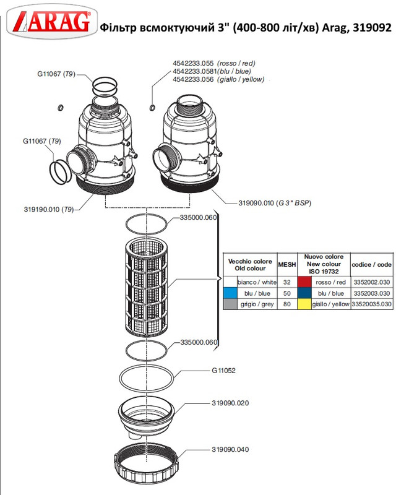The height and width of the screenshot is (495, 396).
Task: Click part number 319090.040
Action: (x=230, y=450)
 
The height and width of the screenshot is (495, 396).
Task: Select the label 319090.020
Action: (x=230, y=403)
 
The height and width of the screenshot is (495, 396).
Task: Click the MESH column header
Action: (x=287, y=264)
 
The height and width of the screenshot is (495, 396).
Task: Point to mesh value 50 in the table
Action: (x=287, y=293)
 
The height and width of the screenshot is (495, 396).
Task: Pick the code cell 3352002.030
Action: (x=371, y=282)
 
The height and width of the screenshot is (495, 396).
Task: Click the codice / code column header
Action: (x=371, y=264)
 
